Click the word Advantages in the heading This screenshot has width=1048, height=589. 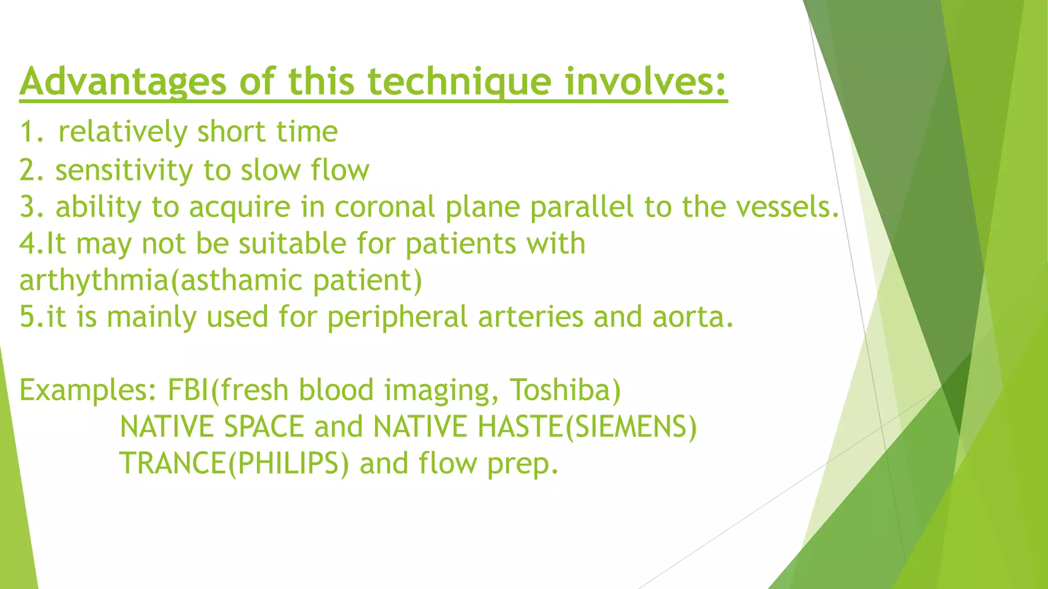point(123,82)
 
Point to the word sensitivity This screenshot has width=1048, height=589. point(124,170)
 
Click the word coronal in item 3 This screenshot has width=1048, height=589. point(384,207)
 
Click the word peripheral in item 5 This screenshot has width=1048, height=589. point(397,317)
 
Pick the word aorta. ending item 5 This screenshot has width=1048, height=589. point(693,317)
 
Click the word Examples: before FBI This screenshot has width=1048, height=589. point(88,391)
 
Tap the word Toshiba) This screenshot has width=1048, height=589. point(565,390)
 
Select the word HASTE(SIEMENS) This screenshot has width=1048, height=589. point(586,427)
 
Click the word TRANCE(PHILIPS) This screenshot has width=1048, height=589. point(234,464)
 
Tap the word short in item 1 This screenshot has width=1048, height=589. point(231,132)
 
